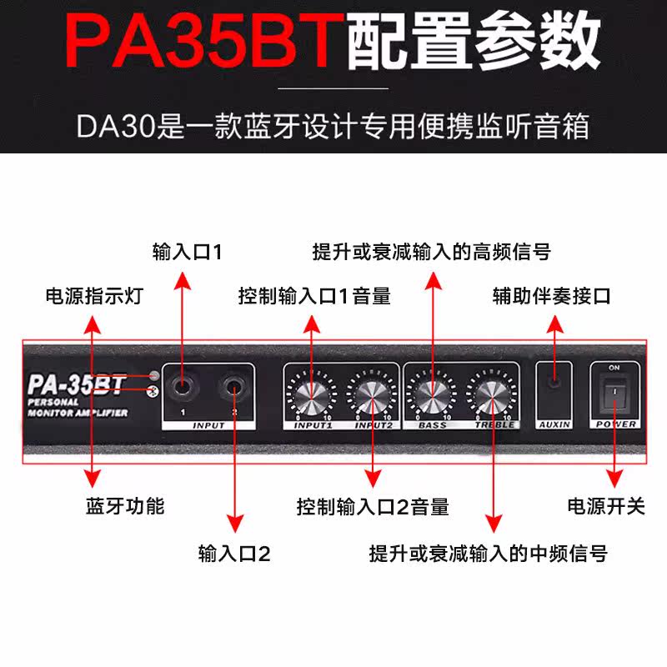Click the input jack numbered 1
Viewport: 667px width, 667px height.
181,386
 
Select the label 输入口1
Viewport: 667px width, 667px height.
188,251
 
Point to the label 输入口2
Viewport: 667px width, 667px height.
234,553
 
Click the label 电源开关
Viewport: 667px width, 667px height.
606,505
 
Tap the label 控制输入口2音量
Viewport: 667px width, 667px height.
373,505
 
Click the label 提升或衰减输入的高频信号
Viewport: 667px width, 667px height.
431,251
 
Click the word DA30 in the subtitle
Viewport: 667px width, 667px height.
108,126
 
